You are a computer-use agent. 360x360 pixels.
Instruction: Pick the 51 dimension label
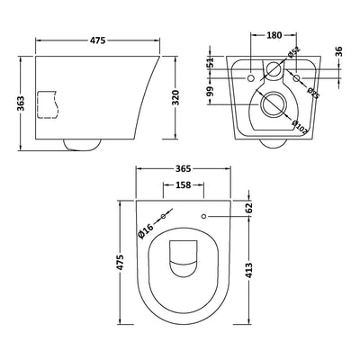point(210,63)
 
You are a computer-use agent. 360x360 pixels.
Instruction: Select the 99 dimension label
point(210,93)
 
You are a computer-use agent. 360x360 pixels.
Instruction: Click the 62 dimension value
point(249,208)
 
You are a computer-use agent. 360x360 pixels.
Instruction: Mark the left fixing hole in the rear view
point(249,79)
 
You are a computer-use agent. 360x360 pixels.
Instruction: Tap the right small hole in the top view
point(205,216)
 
